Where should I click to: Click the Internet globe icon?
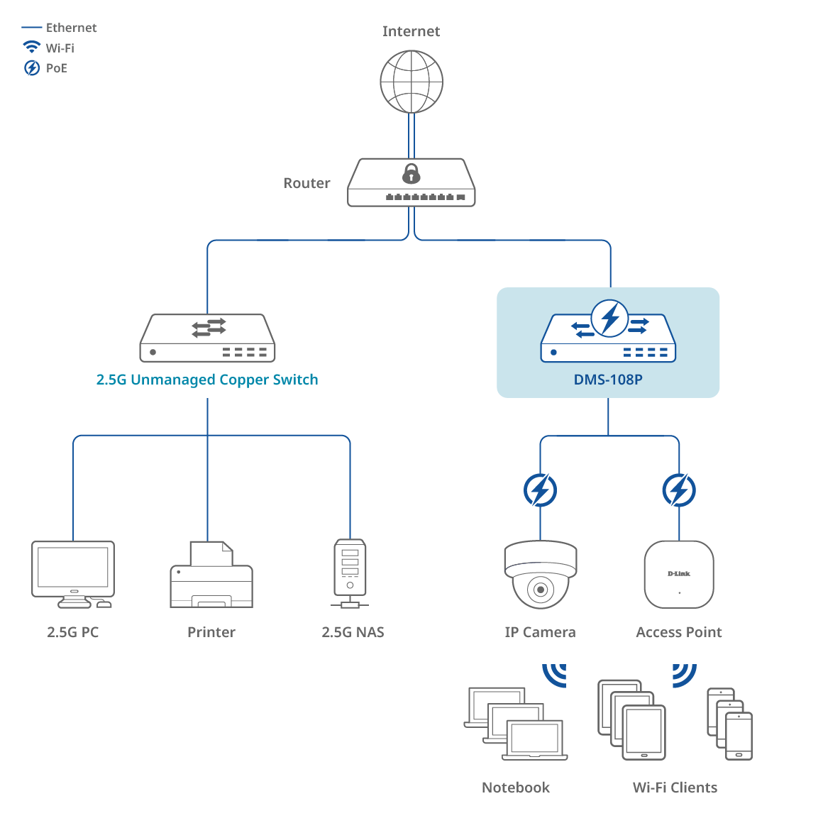(x=411, y=82)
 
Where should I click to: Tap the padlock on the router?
(x=411, y=174)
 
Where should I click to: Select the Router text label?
(x=306, y=183)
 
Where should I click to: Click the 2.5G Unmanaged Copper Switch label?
(x=207, y=380)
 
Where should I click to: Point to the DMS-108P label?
(x=608, y=380)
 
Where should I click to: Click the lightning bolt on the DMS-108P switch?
(x=609, y=318)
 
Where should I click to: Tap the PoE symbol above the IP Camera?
(x=540, y=490)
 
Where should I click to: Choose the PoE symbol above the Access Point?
(x=679, y=490)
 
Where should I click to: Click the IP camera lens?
(x=541, y=590)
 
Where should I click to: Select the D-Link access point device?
(x=679, y=575)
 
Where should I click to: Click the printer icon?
(x=211, y=576)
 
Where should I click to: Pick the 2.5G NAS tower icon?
(x=350, y=571)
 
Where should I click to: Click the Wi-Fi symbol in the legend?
(x=32, y=48)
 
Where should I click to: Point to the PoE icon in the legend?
(x=32, y=68)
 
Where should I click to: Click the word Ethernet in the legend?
(x=71, y=28)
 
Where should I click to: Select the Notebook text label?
(x=516, y=788)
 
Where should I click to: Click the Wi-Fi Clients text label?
(x=675, y=788)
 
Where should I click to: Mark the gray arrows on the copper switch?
(x=209, y=327)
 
